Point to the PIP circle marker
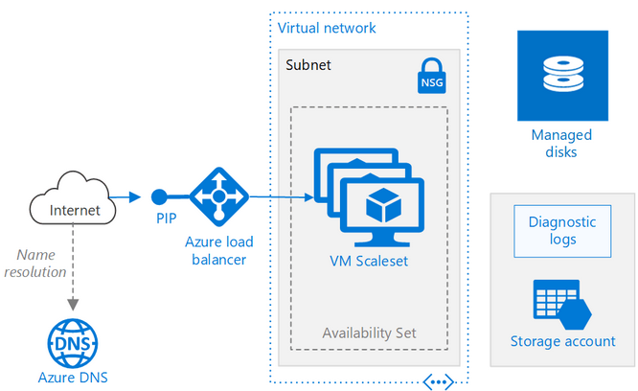158,197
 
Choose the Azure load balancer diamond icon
219,197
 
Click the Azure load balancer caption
219,251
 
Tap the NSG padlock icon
432,76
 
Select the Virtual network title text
327,28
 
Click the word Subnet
308,65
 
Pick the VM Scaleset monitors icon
369,197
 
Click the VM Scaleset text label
369,260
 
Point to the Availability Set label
369,333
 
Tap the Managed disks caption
562,143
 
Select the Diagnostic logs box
562,230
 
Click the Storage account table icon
562,302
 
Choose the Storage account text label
562,342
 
